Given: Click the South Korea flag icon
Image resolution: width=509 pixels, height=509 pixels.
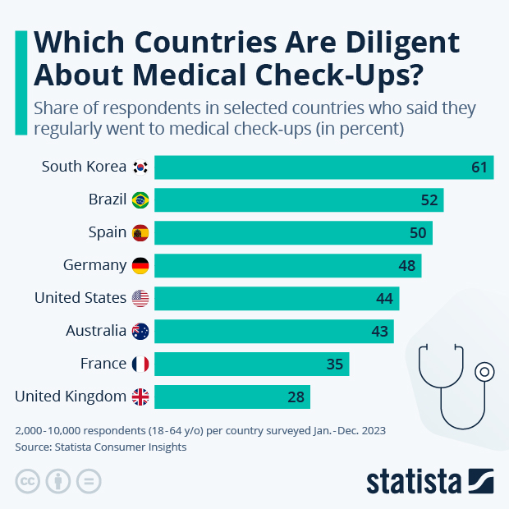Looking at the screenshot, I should pos(140,167).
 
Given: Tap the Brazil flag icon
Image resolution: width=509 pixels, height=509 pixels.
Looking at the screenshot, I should pos(140,200).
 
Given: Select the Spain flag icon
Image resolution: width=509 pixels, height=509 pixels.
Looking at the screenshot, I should pos(140,233).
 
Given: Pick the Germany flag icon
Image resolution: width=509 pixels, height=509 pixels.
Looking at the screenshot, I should pos(140,265).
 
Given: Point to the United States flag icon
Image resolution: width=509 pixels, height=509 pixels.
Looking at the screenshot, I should pos(140,298).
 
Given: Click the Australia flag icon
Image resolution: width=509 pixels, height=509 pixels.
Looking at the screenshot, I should pos(140,331).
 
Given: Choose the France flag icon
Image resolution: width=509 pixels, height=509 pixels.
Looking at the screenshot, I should pos(140,364).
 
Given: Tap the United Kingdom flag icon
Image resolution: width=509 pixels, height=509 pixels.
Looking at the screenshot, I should pos(140,397).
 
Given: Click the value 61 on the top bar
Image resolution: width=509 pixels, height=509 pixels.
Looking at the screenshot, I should pos(479,167).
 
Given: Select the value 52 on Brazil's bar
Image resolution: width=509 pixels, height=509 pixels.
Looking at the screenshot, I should pos(429,200).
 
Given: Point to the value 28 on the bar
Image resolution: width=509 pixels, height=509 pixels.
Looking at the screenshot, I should pos(296,397).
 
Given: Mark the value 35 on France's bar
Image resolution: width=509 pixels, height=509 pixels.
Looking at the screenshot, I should pos(335,364).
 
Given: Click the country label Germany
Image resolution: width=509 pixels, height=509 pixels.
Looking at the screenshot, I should pos(94,265).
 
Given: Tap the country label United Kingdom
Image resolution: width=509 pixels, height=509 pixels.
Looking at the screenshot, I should pos(71,397).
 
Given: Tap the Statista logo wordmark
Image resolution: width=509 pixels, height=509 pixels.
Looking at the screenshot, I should pos(415,481).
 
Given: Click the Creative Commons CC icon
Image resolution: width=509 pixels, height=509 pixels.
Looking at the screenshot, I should pos(28,481).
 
